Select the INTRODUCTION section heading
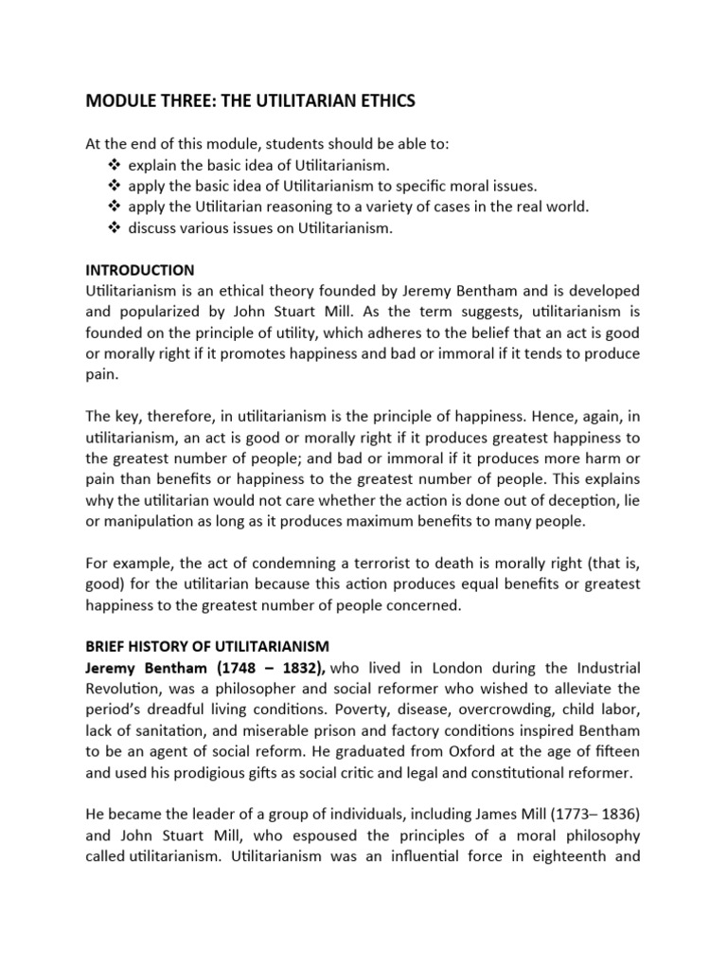click(139, 270)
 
